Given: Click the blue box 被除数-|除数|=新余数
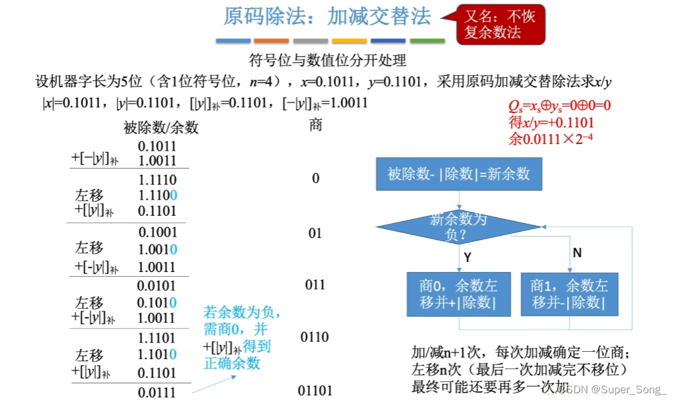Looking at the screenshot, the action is [x=459, y=174].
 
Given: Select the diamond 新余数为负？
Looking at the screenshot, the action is [x=458, y=226].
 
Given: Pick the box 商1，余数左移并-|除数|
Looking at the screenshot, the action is [x=569, y=293].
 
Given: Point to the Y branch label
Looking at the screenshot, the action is [x=467, y=257].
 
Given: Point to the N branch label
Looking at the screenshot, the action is [x=577, y=253].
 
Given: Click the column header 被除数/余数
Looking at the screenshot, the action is [x=161, y=127].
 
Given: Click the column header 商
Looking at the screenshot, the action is [x=316, y=125].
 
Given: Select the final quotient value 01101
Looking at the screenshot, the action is [x=315, y=391].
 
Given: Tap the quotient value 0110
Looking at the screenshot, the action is [x=315, y=336].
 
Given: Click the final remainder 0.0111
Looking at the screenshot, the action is [x=157, y=392].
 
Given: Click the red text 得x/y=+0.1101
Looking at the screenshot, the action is [x=551, y=123].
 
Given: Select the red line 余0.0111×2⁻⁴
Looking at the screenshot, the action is [x=551, y=139].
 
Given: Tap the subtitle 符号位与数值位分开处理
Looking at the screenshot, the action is [x=327, y=61].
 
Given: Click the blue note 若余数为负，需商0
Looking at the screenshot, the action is [x=242, y=321].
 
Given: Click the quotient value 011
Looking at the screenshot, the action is [x=315, y=285].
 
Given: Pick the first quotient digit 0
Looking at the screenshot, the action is [x=315, y=178].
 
